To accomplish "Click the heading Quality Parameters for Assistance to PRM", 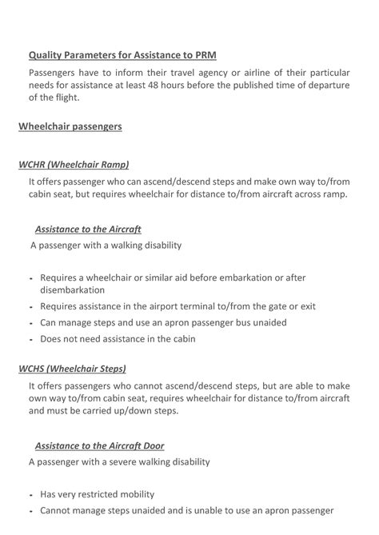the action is click(122, 55).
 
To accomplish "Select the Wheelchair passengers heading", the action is click(70, 126).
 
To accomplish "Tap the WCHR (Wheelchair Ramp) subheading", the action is click(74, 166).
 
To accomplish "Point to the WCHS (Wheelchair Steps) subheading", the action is click(73, 369).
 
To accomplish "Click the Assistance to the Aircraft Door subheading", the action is click(100, 445).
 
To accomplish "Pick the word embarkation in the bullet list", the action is click(233, 277).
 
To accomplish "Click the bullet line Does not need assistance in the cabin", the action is click(118, 338).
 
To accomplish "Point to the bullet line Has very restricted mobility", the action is click(97, 493).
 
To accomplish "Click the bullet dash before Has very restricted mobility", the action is click(29, 494).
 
